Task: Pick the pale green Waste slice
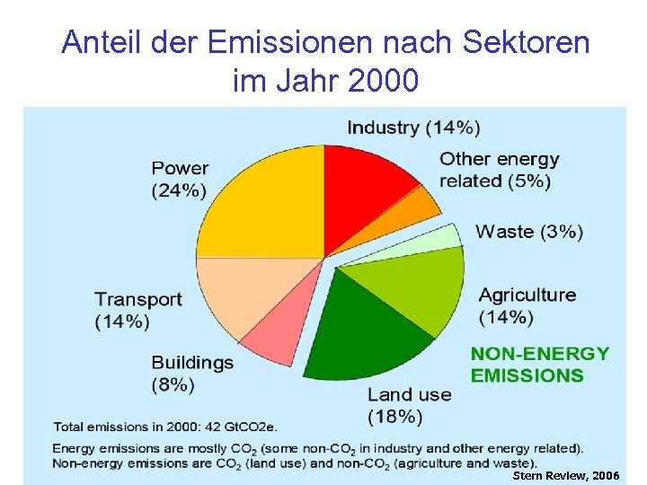[440, 241]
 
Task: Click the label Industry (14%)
[413, 128]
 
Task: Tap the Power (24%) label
[179, 179]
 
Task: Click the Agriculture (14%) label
[527, 305]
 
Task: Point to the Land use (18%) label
[409, 405]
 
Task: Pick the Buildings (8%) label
[191, 374]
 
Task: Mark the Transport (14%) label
[138, 310]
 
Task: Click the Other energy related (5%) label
[499, 170]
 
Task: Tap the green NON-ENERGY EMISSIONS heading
[539, 365]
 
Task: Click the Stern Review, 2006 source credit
[565, 475]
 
